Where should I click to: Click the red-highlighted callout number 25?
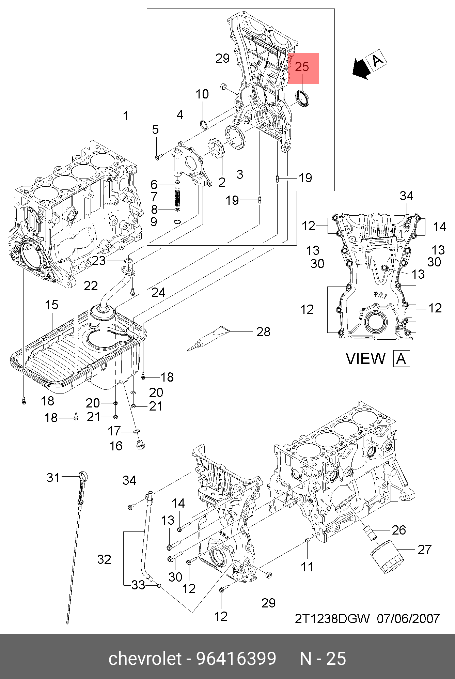(x=302, y=67)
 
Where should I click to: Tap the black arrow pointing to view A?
(x=361, y=68)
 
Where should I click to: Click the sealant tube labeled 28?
(x=208, y=338)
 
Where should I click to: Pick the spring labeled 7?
(x=177, y=198)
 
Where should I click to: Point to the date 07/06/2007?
(x=408, y=618)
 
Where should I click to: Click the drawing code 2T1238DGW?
(x=332, y=618)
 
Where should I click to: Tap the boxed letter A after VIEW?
(x=402, y=359)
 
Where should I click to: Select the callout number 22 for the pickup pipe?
(x=91, y=286)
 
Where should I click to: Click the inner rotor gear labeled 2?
(x=216, y=152)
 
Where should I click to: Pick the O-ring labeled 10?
(x=204, y=125)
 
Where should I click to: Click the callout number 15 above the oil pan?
(x=52, y=305)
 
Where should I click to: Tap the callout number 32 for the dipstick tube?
(x=105, y=559)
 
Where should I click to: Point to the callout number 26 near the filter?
(x=399, y=530)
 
